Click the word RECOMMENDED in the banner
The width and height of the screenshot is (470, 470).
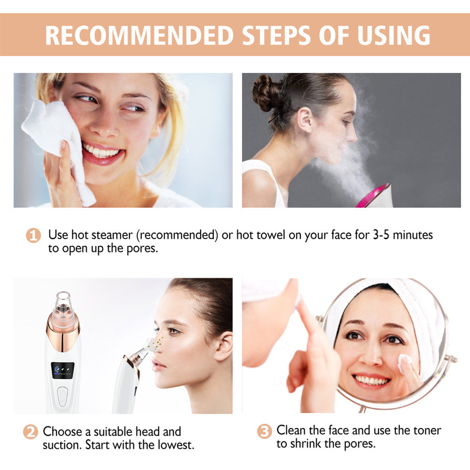click(x=139, y=35)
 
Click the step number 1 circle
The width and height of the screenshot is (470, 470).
click(x=33, y=235)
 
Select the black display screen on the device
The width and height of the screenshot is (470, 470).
click(x=63, y=370)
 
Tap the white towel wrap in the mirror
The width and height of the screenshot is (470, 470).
click(x=423, y=310)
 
